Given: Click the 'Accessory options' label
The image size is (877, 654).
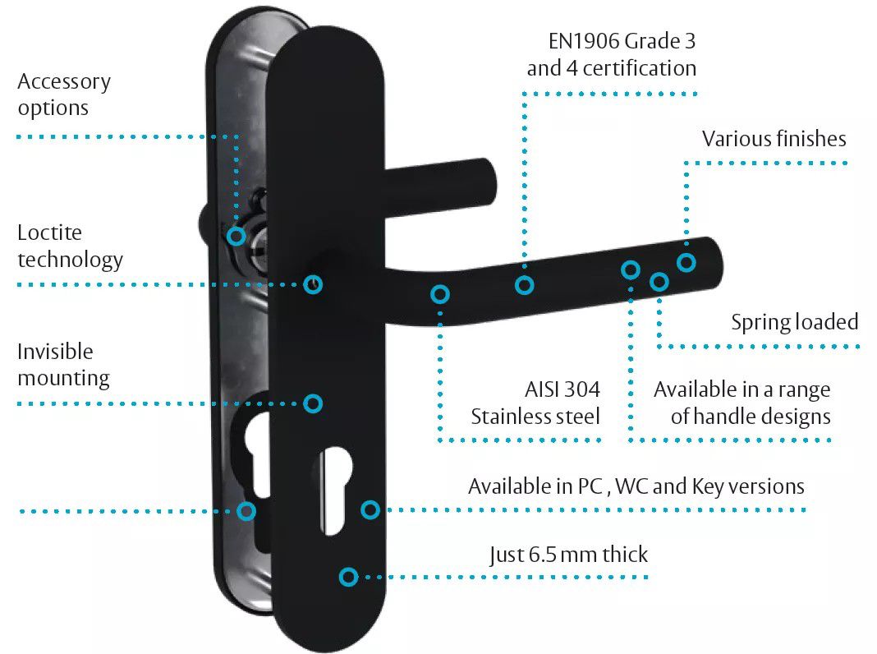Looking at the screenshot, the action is pyautogui.click(x=64, y=94).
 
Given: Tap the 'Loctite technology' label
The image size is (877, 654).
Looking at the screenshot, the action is pyautogui.click(x=70, y=246).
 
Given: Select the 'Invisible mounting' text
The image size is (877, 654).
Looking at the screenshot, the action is pyautogui.click(x=63, y=365).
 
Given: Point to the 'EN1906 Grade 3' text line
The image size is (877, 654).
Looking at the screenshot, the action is pyautogui.click(x=622, y=41).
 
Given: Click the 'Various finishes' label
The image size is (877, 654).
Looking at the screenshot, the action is pyautogui.click(x=774, y=139).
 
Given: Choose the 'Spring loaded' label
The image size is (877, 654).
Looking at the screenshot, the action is pyautogui.click(x=795, y=322).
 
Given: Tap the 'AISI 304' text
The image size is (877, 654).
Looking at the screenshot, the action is pyautogui.click(x=562, y=389).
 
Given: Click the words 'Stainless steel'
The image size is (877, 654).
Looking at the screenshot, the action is pyautogui.click(x=535, y=417).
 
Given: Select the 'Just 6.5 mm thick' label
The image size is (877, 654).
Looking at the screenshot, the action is pyautogui.click(x=568, y=555).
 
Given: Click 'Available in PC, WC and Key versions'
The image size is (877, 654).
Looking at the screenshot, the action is pyautogui.click(x=636, y=486).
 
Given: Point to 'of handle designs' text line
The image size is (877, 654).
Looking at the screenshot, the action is pyautogui.click(x=751, y=417).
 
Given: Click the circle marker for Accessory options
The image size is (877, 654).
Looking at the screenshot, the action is pyautogui.click(x=236, y=236).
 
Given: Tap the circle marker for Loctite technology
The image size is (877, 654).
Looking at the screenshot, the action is pyautogui.click(x=313, y=284).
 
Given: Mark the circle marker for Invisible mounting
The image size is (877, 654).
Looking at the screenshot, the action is pyautogui.click(x=313, y=403).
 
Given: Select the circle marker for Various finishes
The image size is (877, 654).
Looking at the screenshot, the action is pyautogui.click(x=686, y=262).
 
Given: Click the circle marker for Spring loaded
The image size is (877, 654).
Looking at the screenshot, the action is pyautogui.click(x=659, y=282).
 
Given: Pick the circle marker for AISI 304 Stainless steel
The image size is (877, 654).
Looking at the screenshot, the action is pyautogui.click(x=440, y=294).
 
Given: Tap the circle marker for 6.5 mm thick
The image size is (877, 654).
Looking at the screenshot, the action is pyautogui.click(x=348, y=577).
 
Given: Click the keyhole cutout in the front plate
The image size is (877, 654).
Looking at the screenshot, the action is pyautogui.click(x=335, y=490).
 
